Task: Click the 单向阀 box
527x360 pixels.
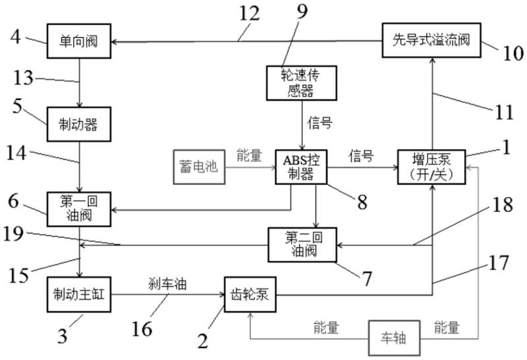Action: pos(79,41)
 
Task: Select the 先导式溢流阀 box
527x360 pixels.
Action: pos(431,40)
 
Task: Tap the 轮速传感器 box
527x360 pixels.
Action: pos(302,83)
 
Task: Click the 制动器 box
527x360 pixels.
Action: pos(79,124)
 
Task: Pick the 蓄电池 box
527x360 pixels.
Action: pos(199,167)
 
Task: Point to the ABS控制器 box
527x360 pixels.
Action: pos(301,167)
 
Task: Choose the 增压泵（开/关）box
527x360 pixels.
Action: pos(431,167)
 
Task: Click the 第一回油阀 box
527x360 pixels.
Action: pos(79,209)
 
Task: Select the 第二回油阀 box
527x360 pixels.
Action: pos(302,245)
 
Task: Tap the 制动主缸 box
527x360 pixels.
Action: pos(79,294)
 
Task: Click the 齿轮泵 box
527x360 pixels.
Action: pos(250,294)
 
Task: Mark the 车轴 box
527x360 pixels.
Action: pos(394,338)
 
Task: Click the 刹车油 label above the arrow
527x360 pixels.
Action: pos(167,284)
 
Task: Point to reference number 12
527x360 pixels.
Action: pos(250,14)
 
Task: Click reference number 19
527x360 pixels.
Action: pos(13,234)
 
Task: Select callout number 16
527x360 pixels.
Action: pos(142,328)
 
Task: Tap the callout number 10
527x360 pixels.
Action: pos(513,53)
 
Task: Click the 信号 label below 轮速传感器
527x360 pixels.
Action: pos(319,123)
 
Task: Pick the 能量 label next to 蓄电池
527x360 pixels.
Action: pos(249,155)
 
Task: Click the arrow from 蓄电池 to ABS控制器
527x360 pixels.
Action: pos(250,167)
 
